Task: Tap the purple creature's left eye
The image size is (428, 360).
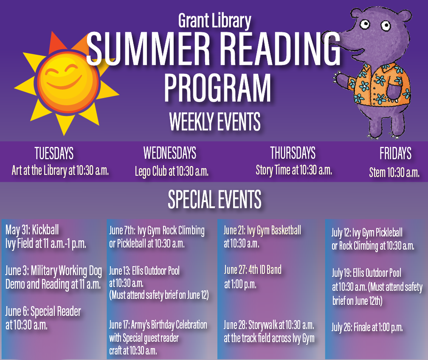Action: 364,24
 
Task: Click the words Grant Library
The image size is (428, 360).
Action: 214,21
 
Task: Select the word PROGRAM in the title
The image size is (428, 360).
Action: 217,88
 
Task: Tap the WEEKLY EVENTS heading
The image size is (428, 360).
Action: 215,121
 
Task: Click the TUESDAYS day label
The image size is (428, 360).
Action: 54,153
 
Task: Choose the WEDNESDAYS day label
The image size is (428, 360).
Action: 170,153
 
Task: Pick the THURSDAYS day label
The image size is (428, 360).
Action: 293,153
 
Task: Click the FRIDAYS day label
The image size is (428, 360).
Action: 395,153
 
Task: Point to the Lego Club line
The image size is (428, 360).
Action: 172,172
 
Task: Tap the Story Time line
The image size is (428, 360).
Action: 294,170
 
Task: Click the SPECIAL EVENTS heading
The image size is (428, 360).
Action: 214,199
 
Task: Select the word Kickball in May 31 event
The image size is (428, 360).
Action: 45,230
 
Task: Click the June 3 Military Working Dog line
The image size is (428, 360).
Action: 53,271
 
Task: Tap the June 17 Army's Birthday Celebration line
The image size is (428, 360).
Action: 158,325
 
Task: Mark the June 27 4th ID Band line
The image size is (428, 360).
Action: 253,270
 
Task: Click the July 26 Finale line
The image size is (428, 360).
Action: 367,327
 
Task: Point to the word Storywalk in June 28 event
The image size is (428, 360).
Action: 262,325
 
